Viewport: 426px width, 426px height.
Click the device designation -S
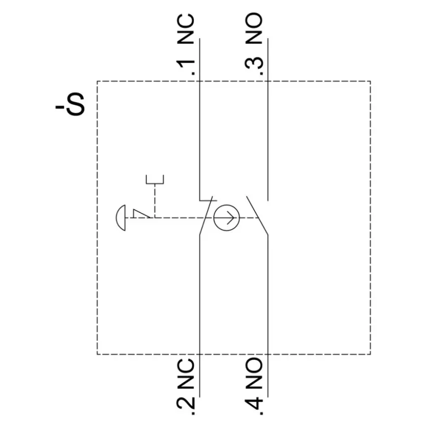click(70, 104)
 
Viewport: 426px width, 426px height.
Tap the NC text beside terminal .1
click(186, 29)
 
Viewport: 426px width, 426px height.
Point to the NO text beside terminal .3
click(254, 28)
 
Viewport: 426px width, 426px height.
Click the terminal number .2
click(186, 405)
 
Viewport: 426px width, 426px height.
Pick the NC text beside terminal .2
click(186, 374)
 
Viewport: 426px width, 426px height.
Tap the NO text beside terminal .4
click(254, 373)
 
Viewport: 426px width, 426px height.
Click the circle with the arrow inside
click(227, 205)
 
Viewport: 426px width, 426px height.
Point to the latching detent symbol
click(141, 214)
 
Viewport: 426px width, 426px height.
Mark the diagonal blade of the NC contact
click(206, 215)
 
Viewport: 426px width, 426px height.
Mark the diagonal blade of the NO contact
click(257, 215)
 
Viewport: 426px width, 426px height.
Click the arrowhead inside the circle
click(231, 218)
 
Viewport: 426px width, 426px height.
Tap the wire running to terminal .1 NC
click(199, 120)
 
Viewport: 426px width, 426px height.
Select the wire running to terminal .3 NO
click(268, 120)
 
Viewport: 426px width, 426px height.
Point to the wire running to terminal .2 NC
click(199, 316)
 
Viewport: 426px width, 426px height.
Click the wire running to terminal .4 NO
click(268, 316)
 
